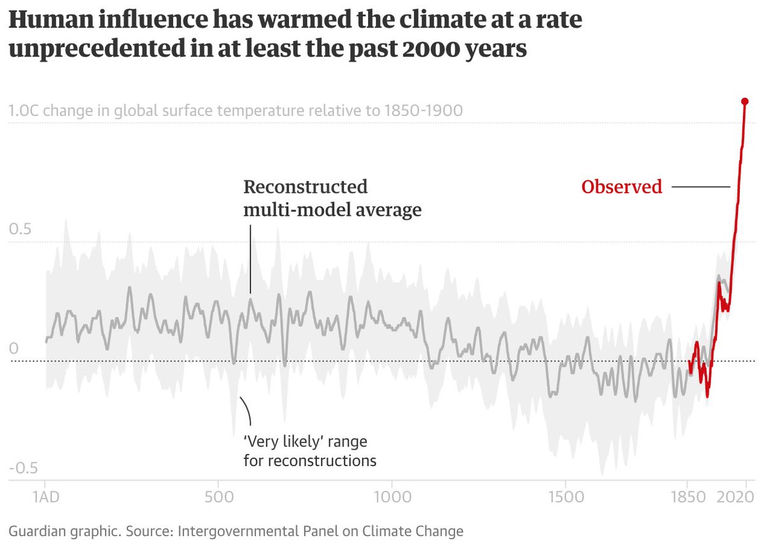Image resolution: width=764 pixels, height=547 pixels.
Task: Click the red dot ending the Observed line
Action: click(744, 101)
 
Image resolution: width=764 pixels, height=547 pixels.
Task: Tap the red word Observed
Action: click(621, 187)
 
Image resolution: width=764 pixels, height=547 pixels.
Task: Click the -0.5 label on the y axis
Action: click(23, 469)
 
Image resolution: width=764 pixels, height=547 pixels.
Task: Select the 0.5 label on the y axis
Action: click(20, 229)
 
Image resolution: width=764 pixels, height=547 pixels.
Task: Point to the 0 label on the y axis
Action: click(13, 349)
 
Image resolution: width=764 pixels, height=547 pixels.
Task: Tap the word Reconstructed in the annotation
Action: click(306, 187)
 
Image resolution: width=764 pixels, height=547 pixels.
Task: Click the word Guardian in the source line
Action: click(34, 531)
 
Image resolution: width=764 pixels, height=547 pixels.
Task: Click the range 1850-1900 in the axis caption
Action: click(422, 111)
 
